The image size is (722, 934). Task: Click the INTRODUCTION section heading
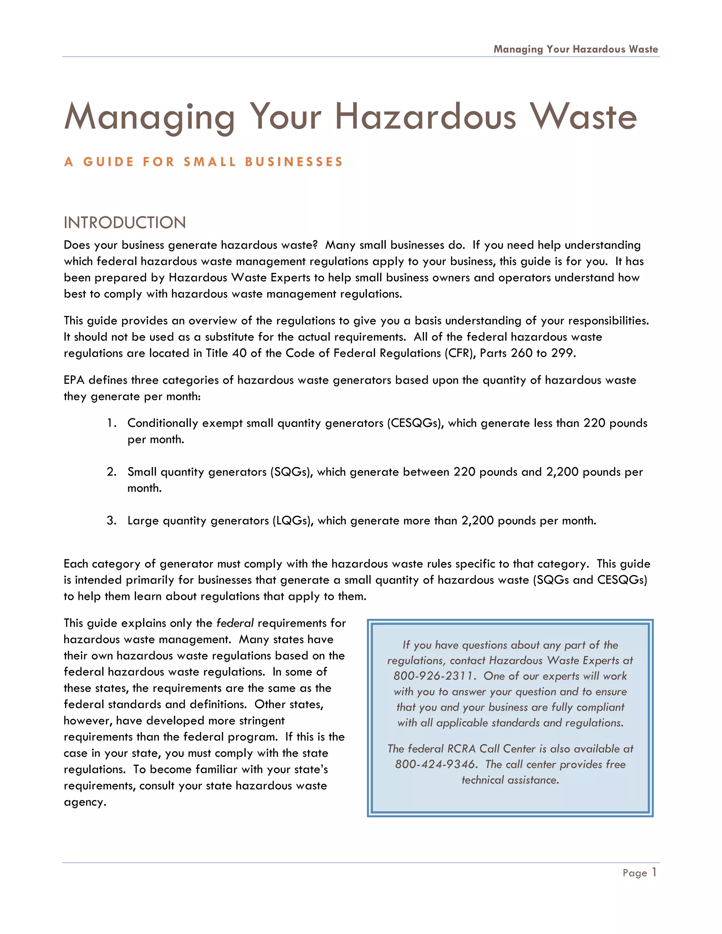[124, 223]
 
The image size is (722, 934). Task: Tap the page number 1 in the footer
[654, 872]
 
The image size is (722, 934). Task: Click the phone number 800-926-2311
[434, 676]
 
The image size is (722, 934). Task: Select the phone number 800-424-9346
[435, 764]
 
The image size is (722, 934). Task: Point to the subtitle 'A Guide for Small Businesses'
[204, 162]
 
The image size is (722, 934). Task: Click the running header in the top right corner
[575, 49]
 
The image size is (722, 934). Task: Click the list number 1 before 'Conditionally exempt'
[111, 423]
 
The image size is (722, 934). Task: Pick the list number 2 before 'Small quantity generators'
[111, 472]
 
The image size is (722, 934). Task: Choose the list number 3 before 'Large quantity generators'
[111, 521]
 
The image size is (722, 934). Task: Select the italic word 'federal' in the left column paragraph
[235, 623]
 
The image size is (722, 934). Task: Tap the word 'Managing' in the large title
[150, 116]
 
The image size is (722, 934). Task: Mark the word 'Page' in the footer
[635, 873]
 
